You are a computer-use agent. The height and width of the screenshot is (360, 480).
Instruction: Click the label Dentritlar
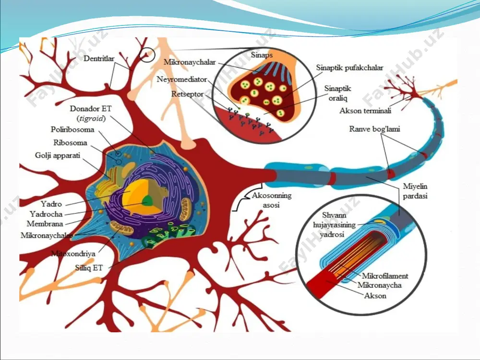point(99,59)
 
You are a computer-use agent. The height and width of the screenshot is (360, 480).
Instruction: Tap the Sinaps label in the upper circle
point(262,55)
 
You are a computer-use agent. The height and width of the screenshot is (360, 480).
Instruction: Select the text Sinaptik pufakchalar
point(349,68)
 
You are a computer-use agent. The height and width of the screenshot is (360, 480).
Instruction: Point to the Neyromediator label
point(182,79)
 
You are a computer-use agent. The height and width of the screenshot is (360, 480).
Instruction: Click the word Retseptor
point(187,94)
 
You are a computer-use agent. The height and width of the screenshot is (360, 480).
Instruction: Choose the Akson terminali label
point(365,110)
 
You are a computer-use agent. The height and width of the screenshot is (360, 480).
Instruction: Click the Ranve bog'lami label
point(374,129)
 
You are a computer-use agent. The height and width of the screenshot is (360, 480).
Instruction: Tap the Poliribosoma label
point(72,130)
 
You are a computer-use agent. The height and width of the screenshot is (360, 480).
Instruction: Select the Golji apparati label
point(58,156)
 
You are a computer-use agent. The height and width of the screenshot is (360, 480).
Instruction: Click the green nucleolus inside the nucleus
point(147,201)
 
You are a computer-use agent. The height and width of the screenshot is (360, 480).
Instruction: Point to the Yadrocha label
point(46,214)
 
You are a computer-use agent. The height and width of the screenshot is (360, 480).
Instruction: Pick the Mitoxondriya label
point(73,253)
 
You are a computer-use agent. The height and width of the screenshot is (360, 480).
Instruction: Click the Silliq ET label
point(89,268)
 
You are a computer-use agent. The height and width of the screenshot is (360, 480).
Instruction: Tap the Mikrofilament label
point(385,276)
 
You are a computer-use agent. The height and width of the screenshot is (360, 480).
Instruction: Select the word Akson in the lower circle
point(375,296)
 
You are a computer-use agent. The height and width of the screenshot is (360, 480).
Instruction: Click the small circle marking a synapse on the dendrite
point(147,55)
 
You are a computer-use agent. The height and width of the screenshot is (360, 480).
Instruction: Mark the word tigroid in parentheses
point(91,119)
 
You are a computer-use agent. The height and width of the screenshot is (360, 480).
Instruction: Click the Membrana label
point(45,224)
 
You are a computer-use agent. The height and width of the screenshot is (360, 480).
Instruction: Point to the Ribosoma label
point(70,143)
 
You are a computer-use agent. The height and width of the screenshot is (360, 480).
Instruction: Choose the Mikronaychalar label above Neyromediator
point(190,62)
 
